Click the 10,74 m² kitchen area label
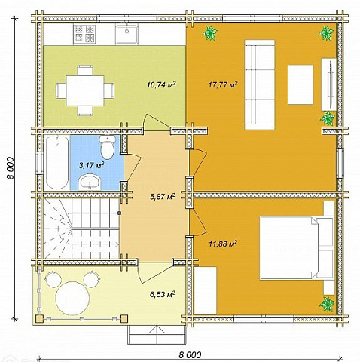(161, 84)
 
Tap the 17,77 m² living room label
(223, 84)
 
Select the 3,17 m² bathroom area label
(91, 165)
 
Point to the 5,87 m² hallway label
(162, 196)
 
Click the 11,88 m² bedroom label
(223, 244)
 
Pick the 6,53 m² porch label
(162, 294)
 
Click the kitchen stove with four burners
(84, 34)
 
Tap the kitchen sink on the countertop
(127, 34)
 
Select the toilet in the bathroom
(108, 147)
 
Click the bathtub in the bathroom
(57, 163)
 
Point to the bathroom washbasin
(89, 182)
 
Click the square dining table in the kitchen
(85, 90)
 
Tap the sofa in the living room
(260, 84)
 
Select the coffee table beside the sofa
(301, 84)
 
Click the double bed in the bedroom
(297, 248)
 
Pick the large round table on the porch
(72, 298)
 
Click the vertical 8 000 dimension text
(11, 168)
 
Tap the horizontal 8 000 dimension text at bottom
(190, 355)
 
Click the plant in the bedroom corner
(327, 304)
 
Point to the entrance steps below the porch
(157, 335)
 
